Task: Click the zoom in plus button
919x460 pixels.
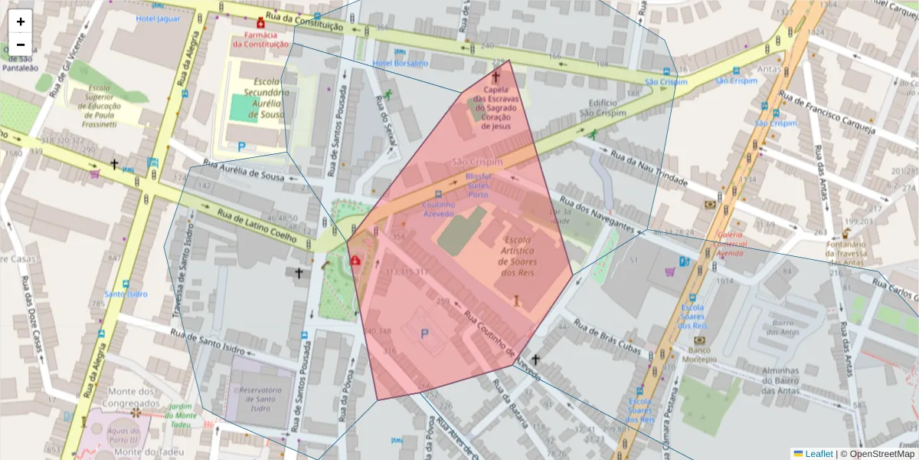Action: point(21,21)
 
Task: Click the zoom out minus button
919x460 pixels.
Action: point(21,44)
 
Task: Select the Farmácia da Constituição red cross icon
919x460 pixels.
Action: point(260,23)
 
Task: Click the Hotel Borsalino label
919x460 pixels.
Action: point(400,64)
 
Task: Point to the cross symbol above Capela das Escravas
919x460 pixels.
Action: point(495,77)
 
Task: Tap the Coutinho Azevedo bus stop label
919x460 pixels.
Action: point(440,209)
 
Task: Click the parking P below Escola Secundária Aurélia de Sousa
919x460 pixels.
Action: point(242,146)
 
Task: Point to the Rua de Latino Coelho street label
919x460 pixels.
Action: point(257,225)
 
